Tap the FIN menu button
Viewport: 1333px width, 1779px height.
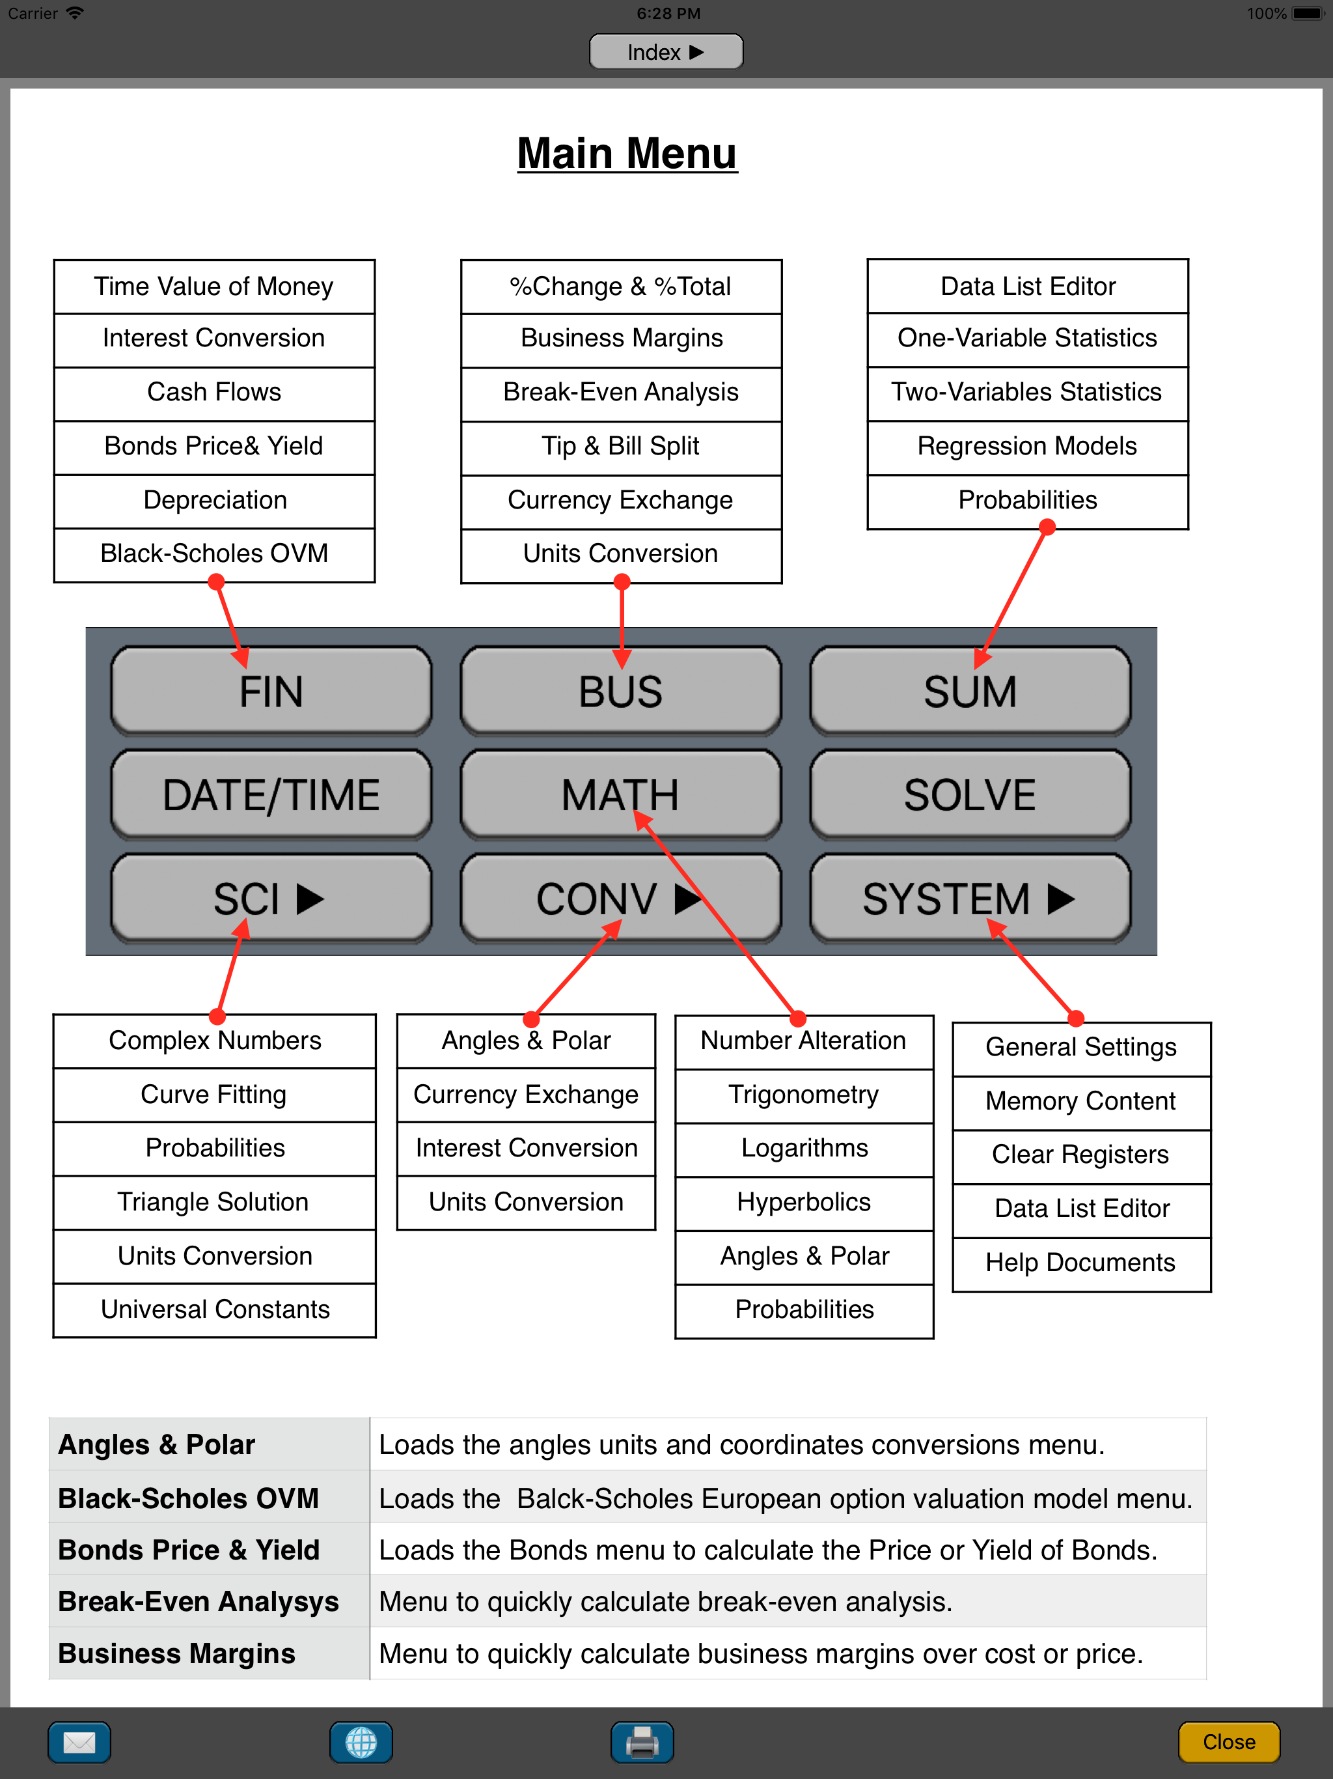coord(271,692)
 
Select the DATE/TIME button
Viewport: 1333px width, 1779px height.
coord(271,795)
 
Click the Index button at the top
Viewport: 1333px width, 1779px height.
coord(666,52)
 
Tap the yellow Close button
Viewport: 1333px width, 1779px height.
coord(1228,1742)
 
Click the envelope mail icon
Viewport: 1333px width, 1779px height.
coord(79,1742)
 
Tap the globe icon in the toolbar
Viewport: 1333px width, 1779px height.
coord(361,1742)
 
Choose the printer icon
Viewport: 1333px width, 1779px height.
coord(642,1742)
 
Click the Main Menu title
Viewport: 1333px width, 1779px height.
coord(627,153)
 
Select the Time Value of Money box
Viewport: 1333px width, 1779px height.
coord(214,287)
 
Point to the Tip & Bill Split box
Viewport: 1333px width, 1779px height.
coord(621,446)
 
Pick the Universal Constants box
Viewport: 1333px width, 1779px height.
coord(215,1310)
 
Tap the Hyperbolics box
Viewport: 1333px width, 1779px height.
coord(804,1202)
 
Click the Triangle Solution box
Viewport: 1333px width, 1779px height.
coord(214,1202)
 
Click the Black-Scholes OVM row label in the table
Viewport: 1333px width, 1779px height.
coord(189,1498)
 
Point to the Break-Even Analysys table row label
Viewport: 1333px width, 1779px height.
coord(199,1601)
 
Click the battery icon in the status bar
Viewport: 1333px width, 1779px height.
coord(1307,13)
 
